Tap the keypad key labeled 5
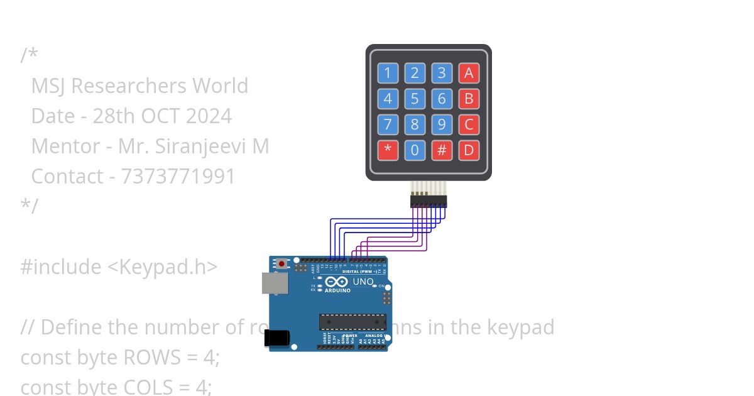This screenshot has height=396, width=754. (415, 99)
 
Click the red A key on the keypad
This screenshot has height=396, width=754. (469, 73)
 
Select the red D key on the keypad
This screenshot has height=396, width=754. (469, 150)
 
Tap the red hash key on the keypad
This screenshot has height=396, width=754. (442, 150)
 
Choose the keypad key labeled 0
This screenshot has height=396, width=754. (415, 150)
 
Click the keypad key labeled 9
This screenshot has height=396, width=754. (442, 124)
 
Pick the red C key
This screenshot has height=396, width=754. (469, 124)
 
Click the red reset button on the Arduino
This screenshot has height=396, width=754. (282, 263)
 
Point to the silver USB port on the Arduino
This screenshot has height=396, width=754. (274, 284)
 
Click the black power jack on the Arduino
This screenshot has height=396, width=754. (276, 338)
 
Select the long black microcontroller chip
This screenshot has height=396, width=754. (352, 321)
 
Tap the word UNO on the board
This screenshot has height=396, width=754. (363, 282)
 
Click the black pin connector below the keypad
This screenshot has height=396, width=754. (429, 201)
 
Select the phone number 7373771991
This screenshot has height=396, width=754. (178, 177)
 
